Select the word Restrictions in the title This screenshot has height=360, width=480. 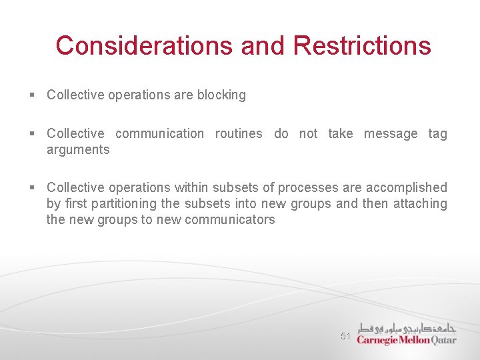tap(361, 46)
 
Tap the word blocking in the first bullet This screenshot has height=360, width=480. tap(221, 95)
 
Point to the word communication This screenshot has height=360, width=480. tap(159, 134)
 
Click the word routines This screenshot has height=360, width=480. tap(239, 134)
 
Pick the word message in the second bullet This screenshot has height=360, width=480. tap(391, 134)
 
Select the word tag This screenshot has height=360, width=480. tap(437, 134)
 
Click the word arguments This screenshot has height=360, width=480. tap(78, 150)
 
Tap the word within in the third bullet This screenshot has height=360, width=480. tap(191, 188)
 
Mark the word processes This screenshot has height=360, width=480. tap(307, 188)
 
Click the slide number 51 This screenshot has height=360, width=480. tap(345, 337)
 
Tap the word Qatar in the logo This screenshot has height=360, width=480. tap(443, 339)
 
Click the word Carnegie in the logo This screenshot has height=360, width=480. tap(378, 339)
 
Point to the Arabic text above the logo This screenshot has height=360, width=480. tap(407, 327)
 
